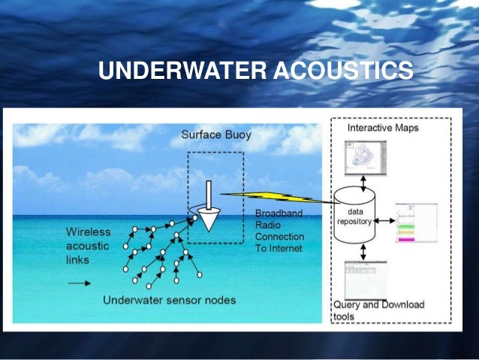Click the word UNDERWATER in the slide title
(178, 71)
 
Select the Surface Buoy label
(216, 136)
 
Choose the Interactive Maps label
(383, 128)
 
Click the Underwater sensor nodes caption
(170, 300)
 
